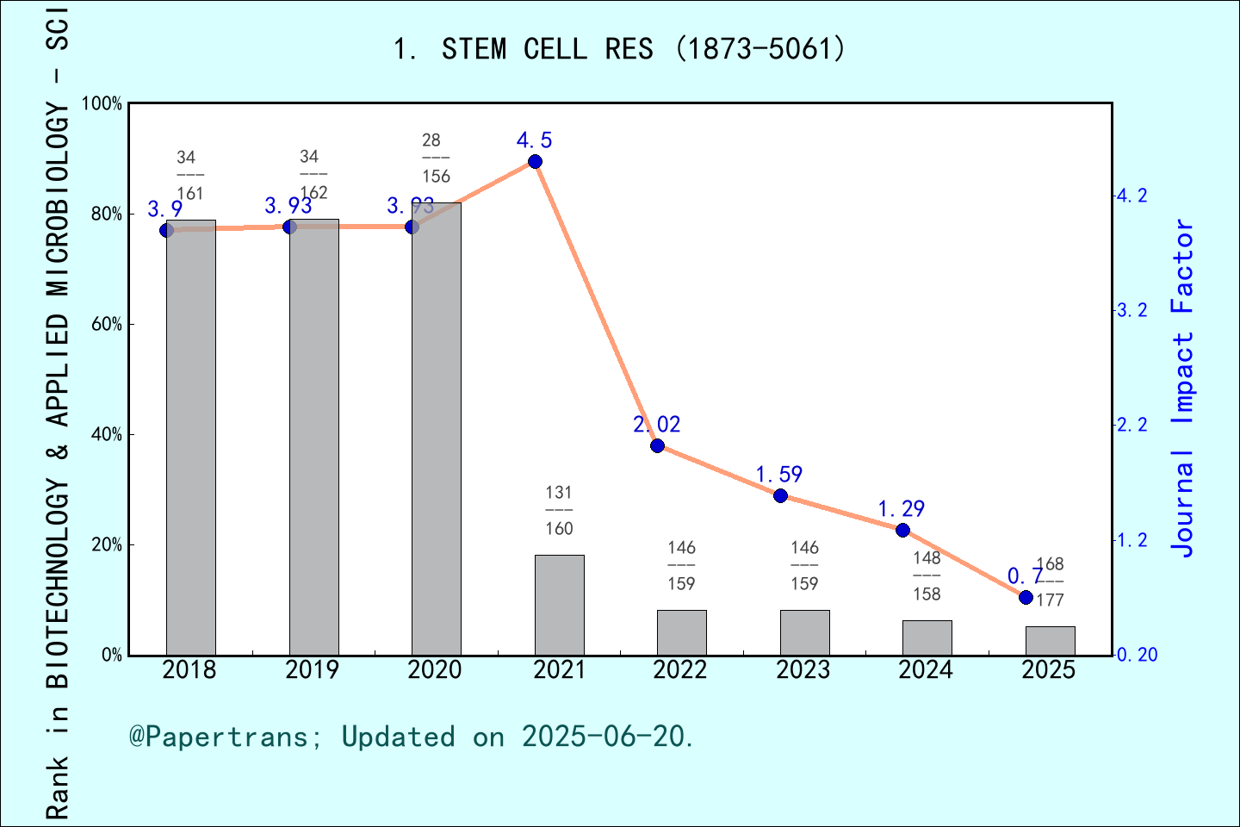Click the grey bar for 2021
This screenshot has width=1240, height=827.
[559, 605]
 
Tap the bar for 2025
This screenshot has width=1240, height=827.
[1050, 640]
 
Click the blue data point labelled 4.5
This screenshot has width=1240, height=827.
[535, 162]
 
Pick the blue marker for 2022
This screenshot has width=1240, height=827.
[657, 445]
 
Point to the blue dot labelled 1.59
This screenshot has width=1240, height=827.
[780, 495]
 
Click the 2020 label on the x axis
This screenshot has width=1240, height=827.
[435, 670]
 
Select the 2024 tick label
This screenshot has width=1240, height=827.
[926, 670]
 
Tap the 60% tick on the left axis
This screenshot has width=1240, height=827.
[107, 325]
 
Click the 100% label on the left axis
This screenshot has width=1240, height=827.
[102, 104]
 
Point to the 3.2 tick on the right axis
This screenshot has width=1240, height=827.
[1132, 310]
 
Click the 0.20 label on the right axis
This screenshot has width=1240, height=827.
[1137, 656]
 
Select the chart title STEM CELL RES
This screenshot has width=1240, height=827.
[619, 49]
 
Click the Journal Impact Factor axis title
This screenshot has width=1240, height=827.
[1183, 388]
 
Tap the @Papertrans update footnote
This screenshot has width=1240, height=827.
[412, 737]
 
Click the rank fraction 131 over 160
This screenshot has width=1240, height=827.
[559, 510]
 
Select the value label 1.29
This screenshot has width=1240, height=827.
[901, 509]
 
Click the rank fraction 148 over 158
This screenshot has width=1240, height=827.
[927, 575]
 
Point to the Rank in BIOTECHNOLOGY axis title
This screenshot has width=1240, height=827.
[57, 413]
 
